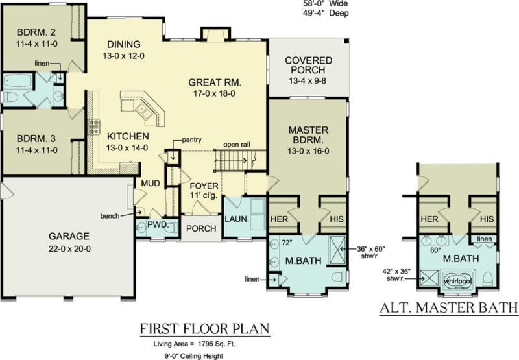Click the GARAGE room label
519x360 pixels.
(x=69, y=236)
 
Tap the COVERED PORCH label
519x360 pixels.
(x=309, y=65)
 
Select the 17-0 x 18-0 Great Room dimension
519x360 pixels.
(x=215, y=93)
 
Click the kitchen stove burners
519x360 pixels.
(x=94, y=126)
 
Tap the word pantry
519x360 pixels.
(x=191, y=140)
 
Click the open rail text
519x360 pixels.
(x=237, y=145)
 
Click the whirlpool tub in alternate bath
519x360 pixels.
(x=458, y=281)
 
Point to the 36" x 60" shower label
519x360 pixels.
(x=370, y=252)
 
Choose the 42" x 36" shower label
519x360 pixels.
(x=396, y=275)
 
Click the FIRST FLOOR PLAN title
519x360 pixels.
(x=205, y=329)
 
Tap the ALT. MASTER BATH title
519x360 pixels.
(x=449, y=307)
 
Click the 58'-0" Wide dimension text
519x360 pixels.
(x=326, y=4)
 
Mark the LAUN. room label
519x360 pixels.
(x=237, y=219)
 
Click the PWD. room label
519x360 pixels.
(x=158, y=225)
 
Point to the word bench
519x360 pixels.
(x=110, y=216)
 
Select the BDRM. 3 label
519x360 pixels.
(x=36, y=138)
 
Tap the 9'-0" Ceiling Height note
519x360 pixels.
(x=193, y=356)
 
